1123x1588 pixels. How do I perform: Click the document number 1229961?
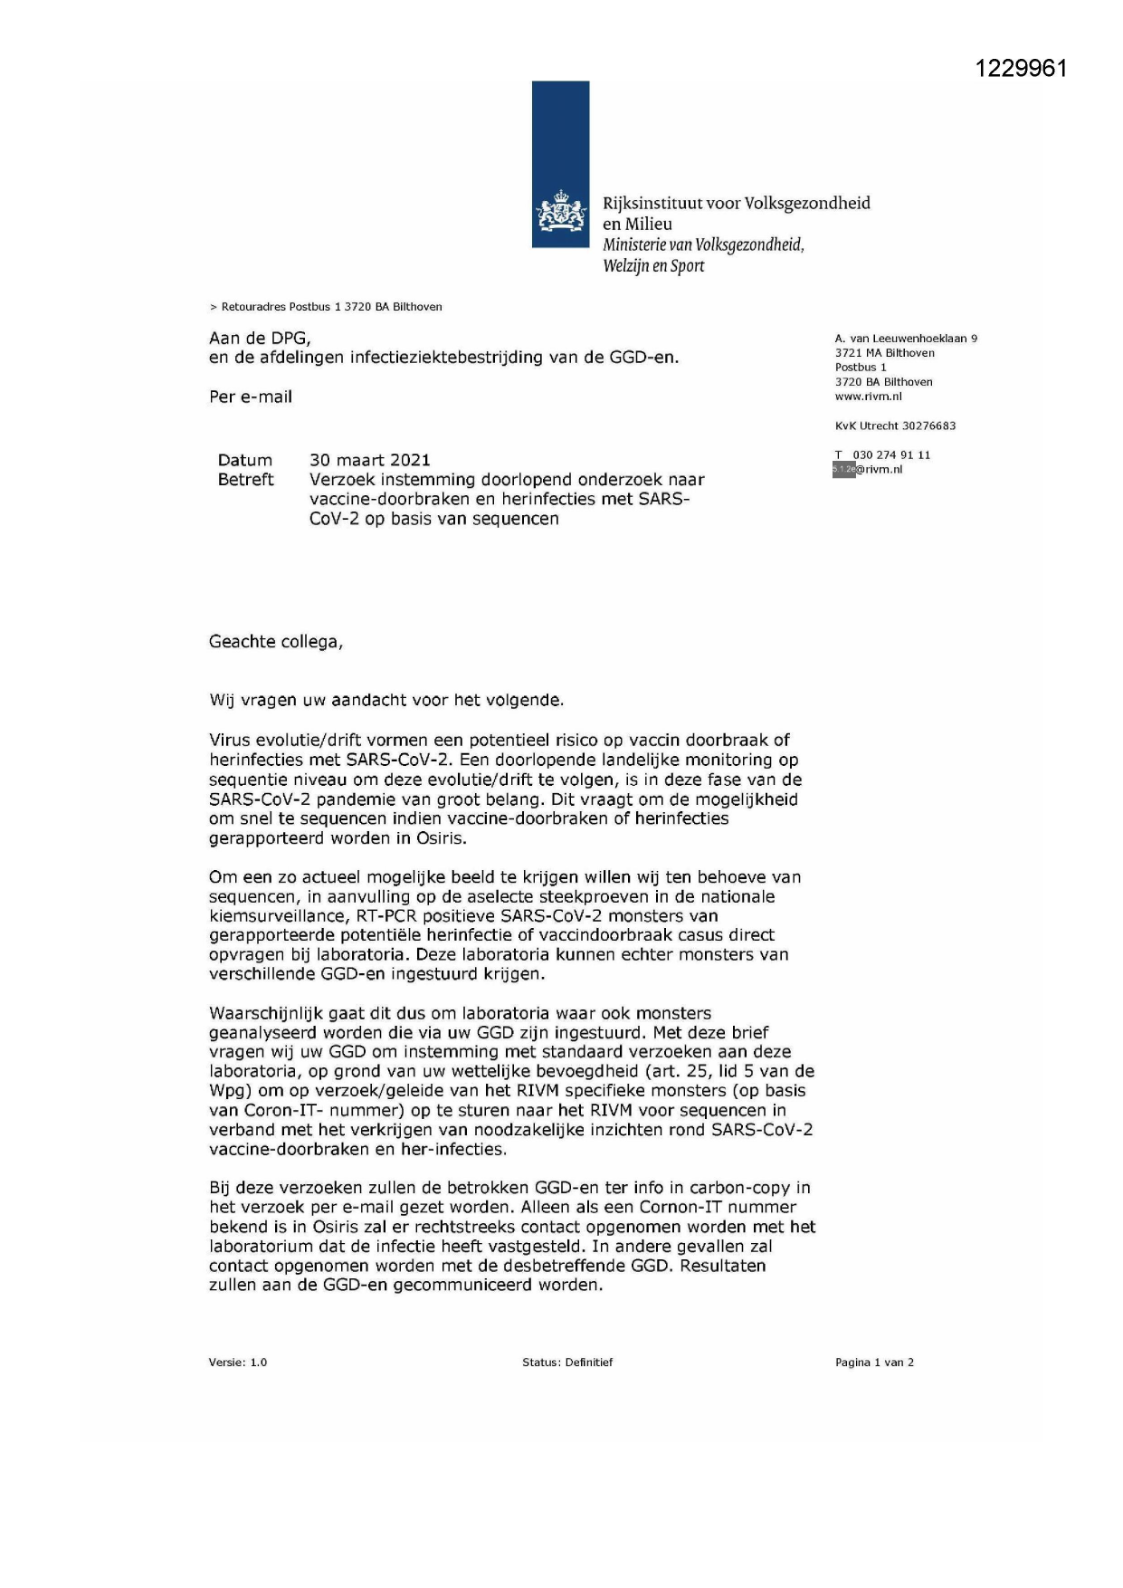(1021, 69)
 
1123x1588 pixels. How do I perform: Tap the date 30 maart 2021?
(369, 460)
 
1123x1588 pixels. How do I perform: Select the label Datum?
(244, 460)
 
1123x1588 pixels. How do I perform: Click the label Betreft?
(245, 480)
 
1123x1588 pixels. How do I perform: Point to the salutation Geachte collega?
(276, 642)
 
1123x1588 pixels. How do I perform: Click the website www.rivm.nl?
(868, 397)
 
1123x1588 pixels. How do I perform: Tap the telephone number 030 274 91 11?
(891, 454)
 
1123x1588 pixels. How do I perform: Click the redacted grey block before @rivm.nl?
(843, 469)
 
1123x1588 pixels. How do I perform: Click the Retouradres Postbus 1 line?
(327, 307)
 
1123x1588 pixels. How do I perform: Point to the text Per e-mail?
(251, 397)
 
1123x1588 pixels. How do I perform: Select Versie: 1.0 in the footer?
(238, 1362)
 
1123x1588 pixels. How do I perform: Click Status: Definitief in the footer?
(566, 1362)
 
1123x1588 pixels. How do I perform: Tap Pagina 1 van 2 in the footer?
(874, 1362)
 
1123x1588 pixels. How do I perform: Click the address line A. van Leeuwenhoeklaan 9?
(906, 339)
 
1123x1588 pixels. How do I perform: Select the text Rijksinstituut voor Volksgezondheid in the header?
(736, 203)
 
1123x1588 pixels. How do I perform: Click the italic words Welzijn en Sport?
(653, 265)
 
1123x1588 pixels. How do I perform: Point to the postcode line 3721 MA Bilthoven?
(884, 353)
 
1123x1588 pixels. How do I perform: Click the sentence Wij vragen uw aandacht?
(386, 700)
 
